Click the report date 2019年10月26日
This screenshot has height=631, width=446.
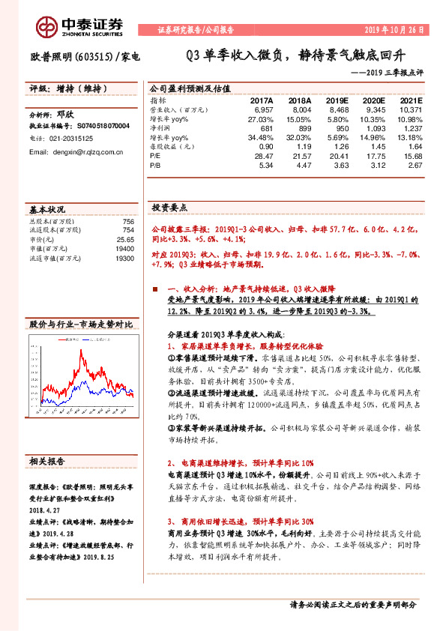(398, 31)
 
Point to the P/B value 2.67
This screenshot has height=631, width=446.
(414, 164)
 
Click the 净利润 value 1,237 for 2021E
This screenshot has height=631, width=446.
(412, 127)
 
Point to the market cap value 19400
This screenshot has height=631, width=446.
(124, 249)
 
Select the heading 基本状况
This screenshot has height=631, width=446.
(47, 209)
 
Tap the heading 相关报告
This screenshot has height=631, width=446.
(47, 460)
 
